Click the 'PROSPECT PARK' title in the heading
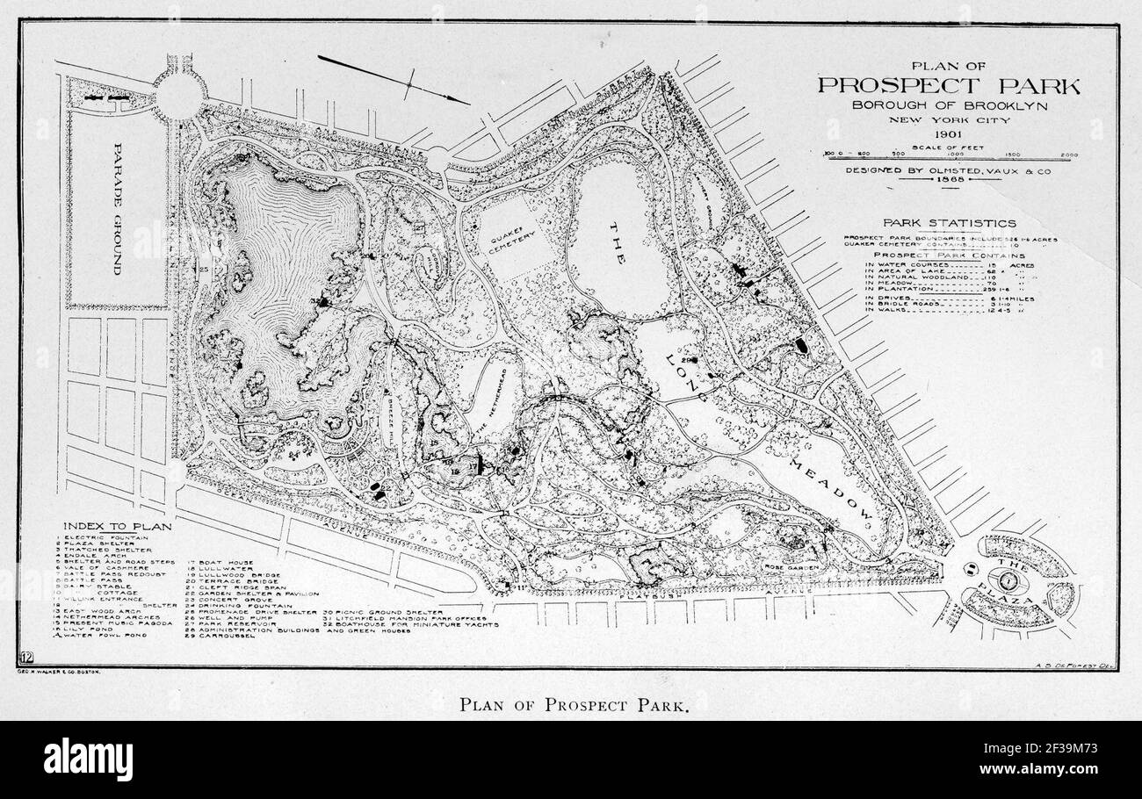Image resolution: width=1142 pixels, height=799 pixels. [x=949, y=85]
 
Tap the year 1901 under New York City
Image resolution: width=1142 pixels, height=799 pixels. [x=949, y=134]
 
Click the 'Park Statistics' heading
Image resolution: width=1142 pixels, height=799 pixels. [x=950, y=223]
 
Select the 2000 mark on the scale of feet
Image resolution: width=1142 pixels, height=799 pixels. [x=1069, y=154]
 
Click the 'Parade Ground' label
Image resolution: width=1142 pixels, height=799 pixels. [x=117, y=219]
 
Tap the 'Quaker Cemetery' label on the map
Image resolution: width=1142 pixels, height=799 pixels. [x=509, y=233]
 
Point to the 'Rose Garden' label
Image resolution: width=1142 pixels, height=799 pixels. [x=791, y=567]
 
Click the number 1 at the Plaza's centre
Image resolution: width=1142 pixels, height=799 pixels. [x=1011, y=579]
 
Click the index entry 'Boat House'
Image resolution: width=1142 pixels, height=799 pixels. [x=220, y=562]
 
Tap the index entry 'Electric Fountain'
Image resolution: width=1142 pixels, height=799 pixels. [x=104, y=537]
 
